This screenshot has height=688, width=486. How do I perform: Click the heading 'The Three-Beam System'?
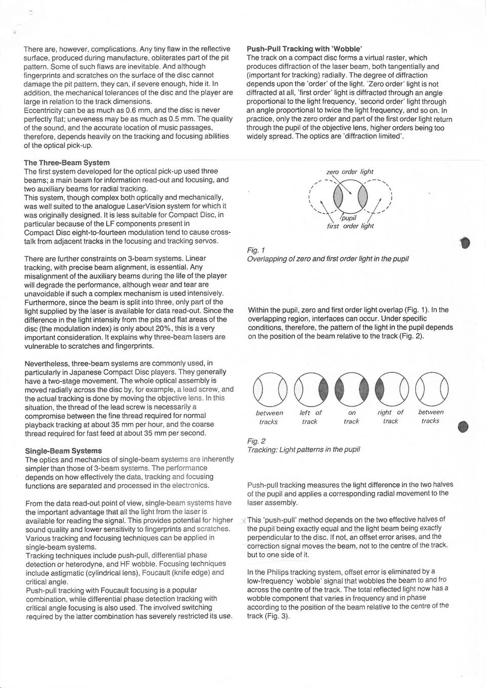tap(67, 163)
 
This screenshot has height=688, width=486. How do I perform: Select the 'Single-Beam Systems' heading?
tap(63, 451)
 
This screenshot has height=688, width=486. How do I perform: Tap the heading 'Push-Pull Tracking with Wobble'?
tap(304, 49)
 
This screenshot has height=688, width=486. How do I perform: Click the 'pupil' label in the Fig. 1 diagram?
tap(349, 218)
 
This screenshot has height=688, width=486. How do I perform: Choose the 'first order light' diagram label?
tap(350, 226)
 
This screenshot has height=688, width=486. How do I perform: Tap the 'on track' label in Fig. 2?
tap(351, 417)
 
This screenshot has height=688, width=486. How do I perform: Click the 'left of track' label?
tap(310, 417)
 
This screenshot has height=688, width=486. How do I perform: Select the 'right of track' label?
tap(390, 417)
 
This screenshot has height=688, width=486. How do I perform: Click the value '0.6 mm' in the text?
tap(140, 110)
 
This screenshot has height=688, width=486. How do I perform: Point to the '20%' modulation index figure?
tap(146, 329)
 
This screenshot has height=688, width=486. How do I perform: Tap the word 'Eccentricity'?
tap(44, 110)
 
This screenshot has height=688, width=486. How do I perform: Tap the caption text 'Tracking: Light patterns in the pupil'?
tap(303, 450)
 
